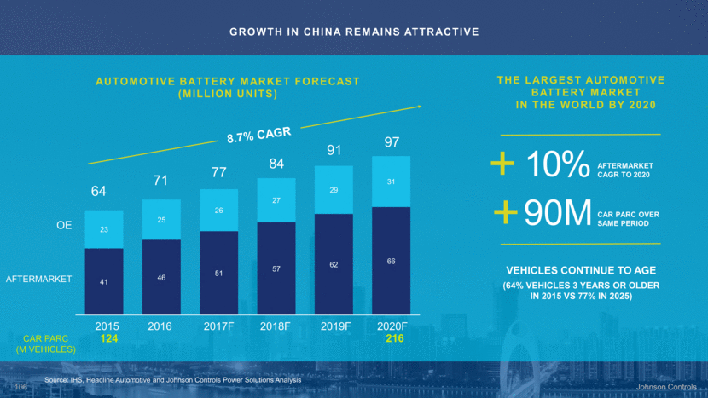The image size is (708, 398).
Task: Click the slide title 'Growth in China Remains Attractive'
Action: point(354,32)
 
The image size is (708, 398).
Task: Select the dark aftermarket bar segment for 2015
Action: point(104,280)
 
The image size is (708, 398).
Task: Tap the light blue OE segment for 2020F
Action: point(392,182)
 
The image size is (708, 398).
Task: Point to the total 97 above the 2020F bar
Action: point(392,142)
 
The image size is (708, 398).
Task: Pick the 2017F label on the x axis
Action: point(219,326)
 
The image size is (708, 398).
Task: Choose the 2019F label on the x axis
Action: point(334,326)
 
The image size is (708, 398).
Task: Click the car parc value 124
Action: point(107,339)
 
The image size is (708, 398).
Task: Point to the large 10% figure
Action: point(555,164)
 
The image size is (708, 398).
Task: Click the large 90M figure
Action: point(558,215)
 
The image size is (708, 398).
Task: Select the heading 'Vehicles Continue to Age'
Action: point(579,269)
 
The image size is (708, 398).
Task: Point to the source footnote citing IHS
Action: point(173,378)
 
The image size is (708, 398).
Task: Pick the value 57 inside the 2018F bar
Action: point(276,268)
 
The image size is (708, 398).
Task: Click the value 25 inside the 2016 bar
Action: point(162,221)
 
